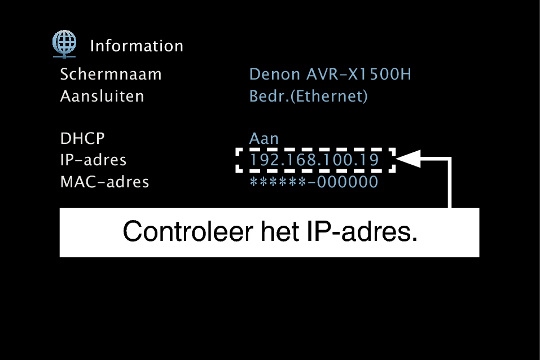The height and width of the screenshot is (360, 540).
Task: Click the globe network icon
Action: tap(64, 43)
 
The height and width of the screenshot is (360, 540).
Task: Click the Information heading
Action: tap(137, 46)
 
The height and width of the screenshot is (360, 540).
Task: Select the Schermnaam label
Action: tap(111, 74)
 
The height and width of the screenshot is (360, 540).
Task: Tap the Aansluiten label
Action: tap(102, 96)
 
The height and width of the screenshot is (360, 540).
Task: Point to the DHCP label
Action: tap(82, 139)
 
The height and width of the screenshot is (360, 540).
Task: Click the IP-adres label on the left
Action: tap(93, 160)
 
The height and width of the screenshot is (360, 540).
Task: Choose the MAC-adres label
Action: tap(104, 182)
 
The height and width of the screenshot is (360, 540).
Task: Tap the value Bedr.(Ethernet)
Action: tap(308, 96)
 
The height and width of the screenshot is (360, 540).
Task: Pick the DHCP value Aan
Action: tap(264, 139)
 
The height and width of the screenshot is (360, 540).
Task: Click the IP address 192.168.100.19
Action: tap(314, 161)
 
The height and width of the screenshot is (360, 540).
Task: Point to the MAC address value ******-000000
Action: tap(314, 182)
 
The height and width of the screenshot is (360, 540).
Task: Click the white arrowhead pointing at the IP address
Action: tap(409, 160)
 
